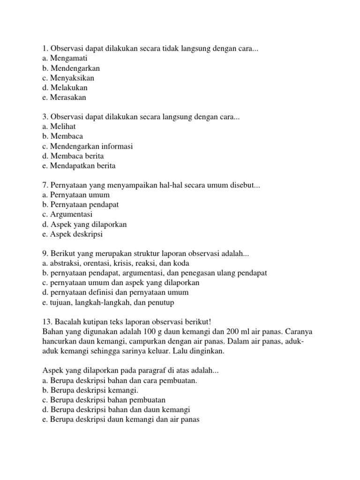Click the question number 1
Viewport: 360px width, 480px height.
click(45, 48)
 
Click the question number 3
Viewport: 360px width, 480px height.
click(45, 116)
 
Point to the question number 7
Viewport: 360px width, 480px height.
click(45, 185)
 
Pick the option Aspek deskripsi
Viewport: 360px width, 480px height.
click(72, 234)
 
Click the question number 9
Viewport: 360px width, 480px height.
click(45, 254)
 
